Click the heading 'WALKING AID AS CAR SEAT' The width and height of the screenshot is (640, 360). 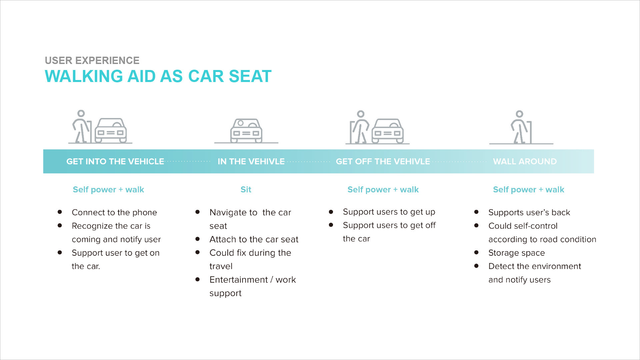tap(158, 76)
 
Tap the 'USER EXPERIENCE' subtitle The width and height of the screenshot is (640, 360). tap(92, 60)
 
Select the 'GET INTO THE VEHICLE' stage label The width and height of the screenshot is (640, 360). tap(115, 161)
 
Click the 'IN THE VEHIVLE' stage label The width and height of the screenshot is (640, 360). tap(251, 161)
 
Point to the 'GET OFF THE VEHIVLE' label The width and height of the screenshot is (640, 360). tap(383, 161)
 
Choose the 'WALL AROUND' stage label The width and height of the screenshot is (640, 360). tap(525, 161)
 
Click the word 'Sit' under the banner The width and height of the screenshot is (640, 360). tap(246, 190)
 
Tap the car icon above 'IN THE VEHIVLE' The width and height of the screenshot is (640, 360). tap(246, 131)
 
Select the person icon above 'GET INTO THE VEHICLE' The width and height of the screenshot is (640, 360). tap(81, 127)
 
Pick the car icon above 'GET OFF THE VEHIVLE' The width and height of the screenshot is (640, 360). tap(387, 131)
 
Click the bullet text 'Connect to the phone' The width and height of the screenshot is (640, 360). tap(114, 212)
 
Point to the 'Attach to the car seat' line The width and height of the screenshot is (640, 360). tap(254, 239)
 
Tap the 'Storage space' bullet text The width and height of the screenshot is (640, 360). tap(516, 253)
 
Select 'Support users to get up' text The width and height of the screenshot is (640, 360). tap(389, 212)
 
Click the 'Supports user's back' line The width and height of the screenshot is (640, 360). tap(529, 212)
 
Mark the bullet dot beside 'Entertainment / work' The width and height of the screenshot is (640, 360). tap(198, 279)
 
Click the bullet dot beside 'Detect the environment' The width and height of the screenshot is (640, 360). tap(476, 266)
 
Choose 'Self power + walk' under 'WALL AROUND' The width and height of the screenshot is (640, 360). tap(528, 190)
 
